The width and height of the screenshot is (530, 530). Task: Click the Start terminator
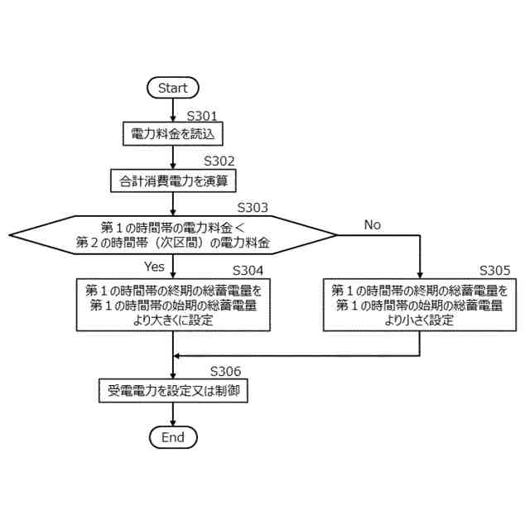point(172,88)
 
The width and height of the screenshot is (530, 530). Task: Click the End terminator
point(172,437)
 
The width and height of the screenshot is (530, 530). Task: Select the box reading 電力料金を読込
point(172,133)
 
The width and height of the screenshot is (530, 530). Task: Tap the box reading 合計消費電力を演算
point(172,180)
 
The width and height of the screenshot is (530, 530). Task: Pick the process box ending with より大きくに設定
point(172,306)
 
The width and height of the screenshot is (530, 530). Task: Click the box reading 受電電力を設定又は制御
point(172,390)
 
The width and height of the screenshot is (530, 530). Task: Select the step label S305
point(494,271)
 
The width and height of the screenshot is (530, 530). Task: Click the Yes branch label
point(154,267)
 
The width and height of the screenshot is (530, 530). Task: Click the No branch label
point(373,225)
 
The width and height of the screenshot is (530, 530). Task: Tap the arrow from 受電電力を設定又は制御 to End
point(172,414)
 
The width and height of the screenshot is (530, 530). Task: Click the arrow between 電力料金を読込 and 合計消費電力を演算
point(172,157)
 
